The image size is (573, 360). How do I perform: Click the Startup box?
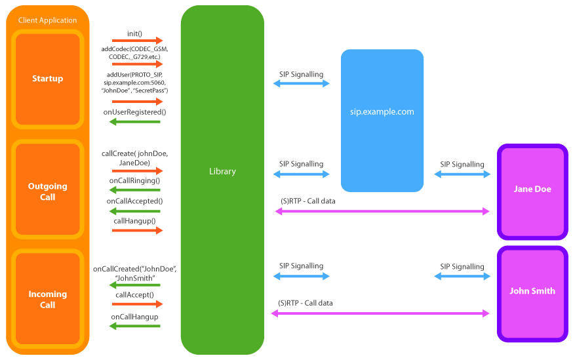(48, 79)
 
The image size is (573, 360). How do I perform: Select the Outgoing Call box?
(48, 191)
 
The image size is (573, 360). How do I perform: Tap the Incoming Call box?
(48, 299)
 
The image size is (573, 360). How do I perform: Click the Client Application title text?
(47, 20)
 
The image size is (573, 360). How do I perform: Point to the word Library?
(222, 171)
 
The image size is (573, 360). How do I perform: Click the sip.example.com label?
(382, 111)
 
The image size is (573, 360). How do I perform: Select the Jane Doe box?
(532, 189)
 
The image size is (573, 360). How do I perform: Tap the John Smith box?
(532, 290)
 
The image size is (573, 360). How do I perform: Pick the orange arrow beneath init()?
(138, 41)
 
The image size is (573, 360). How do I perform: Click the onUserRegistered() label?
(135, 112)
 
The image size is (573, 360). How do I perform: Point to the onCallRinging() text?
(135, 180)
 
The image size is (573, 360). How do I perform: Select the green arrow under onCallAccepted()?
(135, 211)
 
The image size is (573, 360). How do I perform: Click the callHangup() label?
(135, 221)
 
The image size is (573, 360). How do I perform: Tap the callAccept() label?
(135, 295)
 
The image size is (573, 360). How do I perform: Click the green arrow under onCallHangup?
(135, 327)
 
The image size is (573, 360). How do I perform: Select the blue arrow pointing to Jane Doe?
(462, 174)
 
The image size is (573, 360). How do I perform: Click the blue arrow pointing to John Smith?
(462, 277)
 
